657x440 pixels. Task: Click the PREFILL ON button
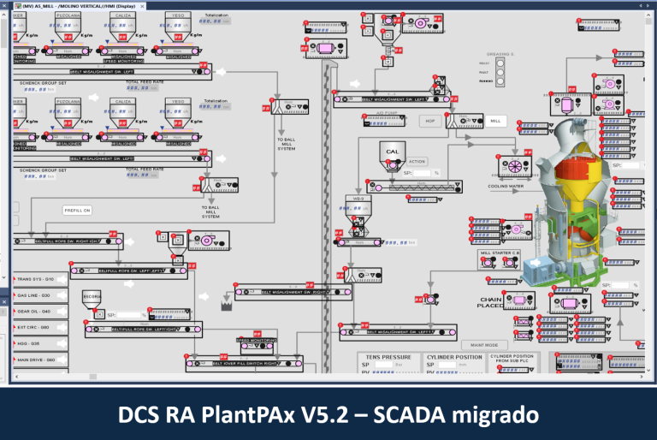[x=77, y=210]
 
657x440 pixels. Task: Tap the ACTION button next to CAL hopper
[x=417, y=161]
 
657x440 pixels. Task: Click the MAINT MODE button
[x=484, y=345]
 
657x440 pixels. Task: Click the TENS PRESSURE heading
[x=388, y=357]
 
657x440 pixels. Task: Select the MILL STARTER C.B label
[x=500, y=253]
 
